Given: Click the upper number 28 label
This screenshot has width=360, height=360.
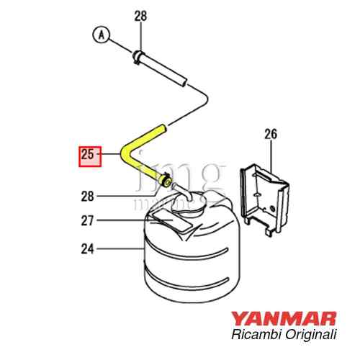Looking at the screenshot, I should pyautogui.click(x=140, y=16).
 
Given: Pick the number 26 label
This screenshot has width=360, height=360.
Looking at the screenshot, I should pyautogui.click(x=270, y=133).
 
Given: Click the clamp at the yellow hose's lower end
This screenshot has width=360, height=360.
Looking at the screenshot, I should pyautogui.click(x=166, y=181).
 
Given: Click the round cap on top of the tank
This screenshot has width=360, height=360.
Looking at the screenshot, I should pyautogui.click(x=192, y=204).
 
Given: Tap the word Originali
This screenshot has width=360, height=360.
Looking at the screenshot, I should pyautogui.click(x=314, y=335).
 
